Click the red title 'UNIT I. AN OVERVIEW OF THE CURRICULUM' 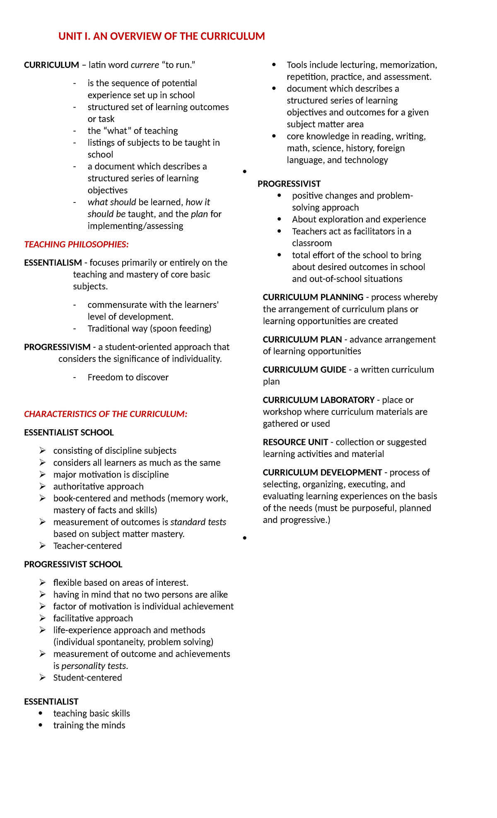tap(162, 36)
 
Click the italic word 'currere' tap(145, 65)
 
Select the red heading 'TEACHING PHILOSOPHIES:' tap(76, 244)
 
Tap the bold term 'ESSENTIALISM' tap(53, 262)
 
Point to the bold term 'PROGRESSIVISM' tap(57, 347)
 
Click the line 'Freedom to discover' tap(128, 377)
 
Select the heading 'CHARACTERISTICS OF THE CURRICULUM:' tap(106, 414)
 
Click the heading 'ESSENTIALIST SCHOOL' tap(69, 433)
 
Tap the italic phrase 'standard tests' tap(198, 522)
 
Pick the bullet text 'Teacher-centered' tap(87, 546)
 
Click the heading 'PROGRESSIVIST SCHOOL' tap(73, 564)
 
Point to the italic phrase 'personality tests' tap(94, 666)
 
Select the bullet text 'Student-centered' tap(87, 678)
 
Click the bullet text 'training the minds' tap(89, 725)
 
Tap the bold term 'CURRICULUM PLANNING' tap(313, 297)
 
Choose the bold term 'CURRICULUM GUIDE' tap(304, 370)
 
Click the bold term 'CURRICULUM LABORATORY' tap(318, 400)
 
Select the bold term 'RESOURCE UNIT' tap(295, 442)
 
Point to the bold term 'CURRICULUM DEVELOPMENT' tap(322, 472)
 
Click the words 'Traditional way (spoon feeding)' tap(150, 328)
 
